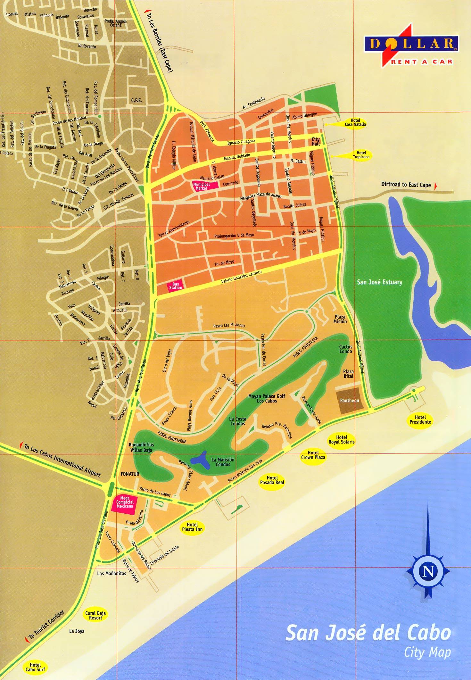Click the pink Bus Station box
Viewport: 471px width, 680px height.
coord(175,286)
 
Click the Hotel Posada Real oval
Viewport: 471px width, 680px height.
coord(272,480)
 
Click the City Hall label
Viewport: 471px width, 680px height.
coord(316,142)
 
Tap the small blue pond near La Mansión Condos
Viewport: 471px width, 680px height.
coord(199,460)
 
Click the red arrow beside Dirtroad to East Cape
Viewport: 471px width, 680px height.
coord(435,186)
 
